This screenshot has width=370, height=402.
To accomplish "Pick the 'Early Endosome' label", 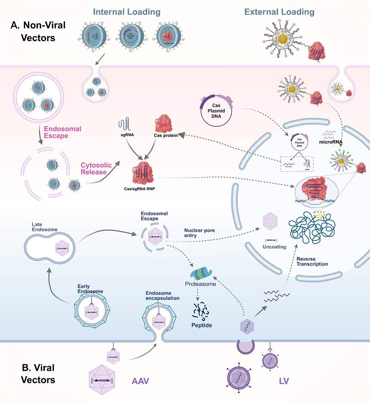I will (90, 288).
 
